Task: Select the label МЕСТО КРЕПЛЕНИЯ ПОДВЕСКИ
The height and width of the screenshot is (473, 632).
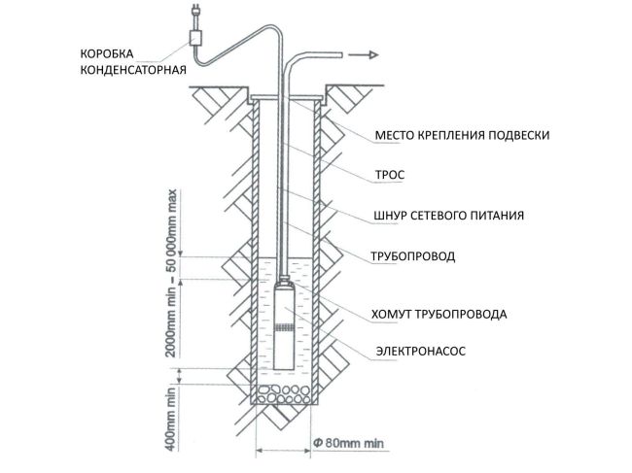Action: [x=462, y=135]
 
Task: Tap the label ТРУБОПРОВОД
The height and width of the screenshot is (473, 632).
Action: [x=412, y=257]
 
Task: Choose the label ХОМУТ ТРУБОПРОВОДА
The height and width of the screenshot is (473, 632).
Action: [x=439, y=314]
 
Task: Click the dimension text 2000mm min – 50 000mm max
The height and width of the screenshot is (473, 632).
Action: [x=172, y=273]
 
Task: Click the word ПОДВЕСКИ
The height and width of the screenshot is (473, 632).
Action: [x=514, y=135]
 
